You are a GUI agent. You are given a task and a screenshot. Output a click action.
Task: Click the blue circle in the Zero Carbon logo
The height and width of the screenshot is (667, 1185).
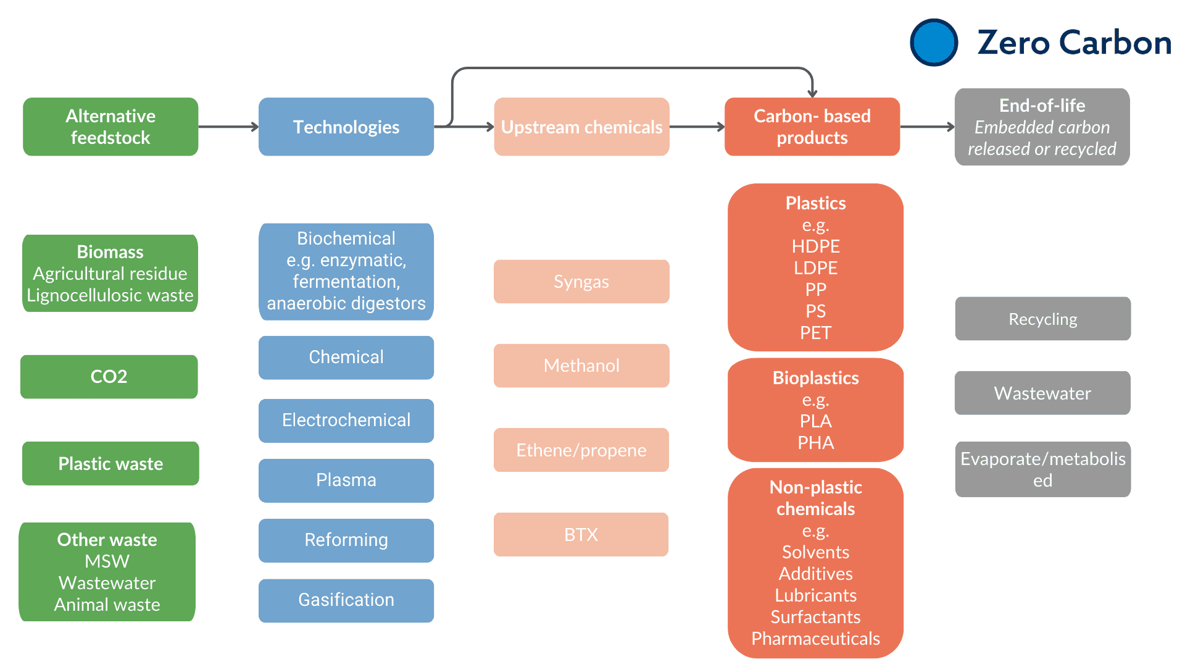(934, 43)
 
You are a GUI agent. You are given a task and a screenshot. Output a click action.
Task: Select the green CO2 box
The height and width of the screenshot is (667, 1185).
(109, 377)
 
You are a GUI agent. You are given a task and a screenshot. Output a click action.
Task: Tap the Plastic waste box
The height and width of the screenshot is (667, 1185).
(110, 463)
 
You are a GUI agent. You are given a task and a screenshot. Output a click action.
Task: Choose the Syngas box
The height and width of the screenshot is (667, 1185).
(581, 282)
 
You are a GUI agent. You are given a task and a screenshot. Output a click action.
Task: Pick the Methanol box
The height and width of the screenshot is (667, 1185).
(581, 366)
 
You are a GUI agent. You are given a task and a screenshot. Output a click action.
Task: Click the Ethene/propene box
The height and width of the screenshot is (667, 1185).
(581, 450)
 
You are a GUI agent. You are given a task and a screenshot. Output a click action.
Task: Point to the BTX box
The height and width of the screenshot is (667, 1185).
(581, 534)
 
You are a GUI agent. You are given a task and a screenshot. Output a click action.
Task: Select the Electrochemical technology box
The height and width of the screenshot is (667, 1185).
(346, 421)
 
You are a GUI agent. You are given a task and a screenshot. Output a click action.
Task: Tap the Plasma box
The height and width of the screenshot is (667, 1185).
(346, 480)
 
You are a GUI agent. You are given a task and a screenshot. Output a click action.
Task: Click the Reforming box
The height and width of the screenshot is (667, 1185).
(346, 540)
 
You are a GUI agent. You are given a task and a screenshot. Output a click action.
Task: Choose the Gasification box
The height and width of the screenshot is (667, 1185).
(346, 600)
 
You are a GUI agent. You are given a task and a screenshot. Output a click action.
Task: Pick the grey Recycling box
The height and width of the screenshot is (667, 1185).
(1043, 319)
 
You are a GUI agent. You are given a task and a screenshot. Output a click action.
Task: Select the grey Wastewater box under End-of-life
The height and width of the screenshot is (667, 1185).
(1042, 393)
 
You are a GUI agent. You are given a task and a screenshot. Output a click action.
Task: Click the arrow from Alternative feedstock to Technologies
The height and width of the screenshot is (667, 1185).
(228, 127)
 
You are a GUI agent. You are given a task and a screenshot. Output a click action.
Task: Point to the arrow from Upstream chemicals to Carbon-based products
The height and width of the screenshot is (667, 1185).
(697, 127)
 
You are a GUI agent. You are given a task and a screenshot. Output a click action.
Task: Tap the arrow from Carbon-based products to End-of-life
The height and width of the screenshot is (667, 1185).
(928, 127)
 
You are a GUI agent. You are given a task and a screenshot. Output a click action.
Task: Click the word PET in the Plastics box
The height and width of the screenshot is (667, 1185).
(816, 333)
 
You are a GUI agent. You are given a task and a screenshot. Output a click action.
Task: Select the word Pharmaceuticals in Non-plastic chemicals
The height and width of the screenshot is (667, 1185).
(816, 639)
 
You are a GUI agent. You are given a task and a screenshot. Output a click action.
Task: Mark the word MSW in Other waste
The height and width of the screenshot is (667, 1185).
(107, 561)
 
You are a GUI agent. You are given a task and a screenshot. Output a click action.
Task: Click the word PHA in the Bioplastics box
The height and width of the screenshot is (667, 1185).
(816, 443)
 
